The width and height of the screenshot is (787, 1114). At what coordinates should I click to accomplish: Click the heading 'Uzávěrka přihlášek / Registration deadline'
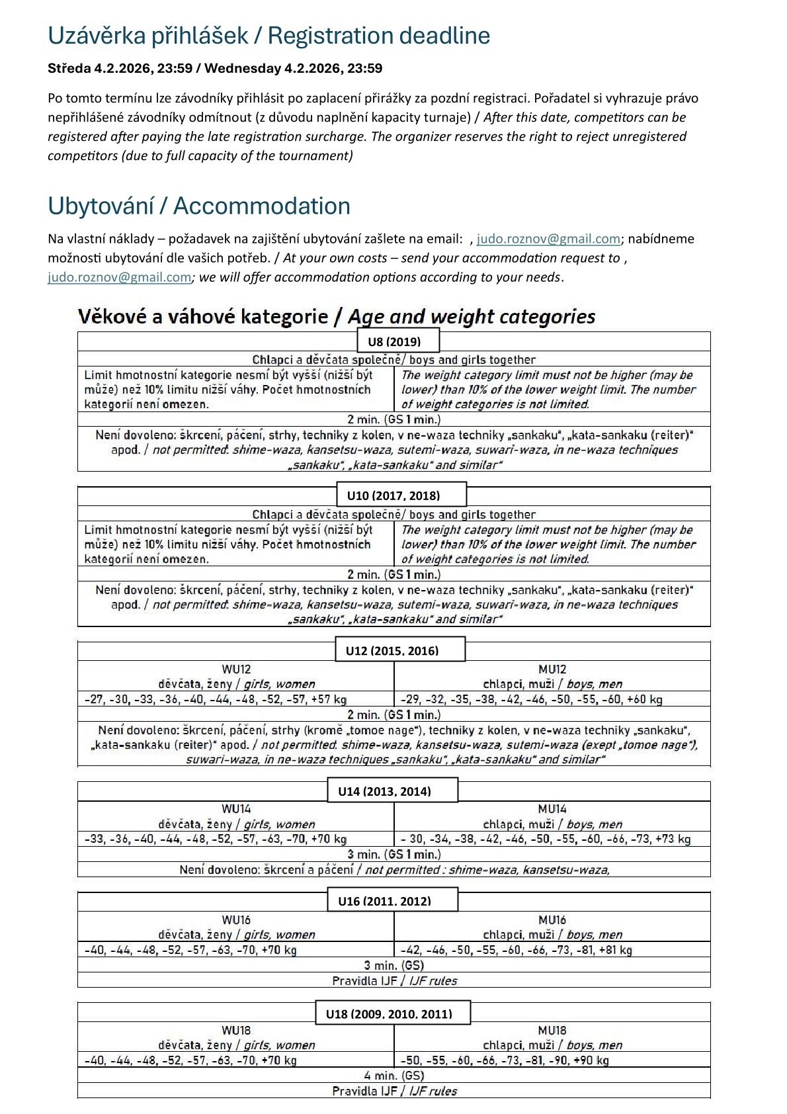coord(269,36)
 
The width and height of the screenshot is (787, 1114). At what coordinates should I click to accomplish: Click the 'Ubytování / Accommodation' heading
coord(199,206)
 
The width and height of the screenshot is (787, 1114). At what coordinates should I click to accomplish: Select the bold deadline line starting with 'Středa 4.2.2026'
coord(215,68)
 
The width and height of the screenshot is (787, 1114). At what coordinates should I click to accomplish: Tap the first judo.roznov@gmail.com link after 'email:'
coord(548,239)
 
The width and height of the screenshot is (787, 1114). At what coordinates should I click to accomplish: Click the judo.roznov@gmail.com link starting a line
coord(119,277)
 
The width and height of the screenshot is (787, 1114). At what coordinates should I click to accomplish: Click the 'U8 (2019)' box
coord(398,341)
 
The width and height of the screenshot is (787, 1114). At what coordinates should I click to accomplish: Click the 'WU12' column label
coord(236,669)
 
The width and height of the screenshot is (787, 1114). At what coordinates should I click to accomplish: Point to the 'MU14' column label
coord(552,809)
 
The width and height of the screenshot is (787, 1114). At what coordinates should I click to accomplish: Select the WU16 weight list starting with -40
coord(190,950)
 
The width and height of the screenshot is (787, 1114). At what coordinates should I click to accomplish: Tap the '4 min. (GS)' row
coord(393,1076)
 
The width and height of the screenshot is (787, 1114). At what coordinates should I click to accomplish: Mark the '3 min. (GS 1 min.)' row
coord(393,855)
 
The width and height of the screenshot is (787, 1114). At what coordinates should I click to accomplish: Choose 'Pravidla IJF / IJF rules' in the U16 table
coord(394,980)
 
